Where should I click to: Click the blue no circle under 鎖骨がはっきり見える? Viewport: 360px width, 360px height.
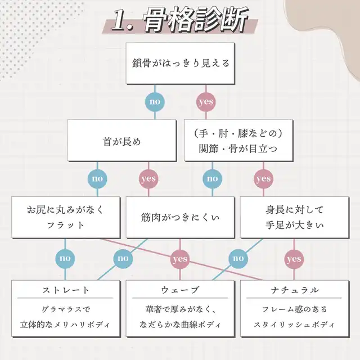click(x=155, y=102)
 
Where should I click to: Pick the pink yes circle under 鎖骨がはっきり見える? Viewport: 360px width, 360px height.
click(x=205, y=102)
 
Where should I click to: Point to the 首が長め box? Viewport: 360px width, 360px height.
click(x=122, y=142)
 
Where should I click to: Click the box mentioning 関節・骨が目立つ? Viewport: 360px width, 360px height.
click(x=238, y=142)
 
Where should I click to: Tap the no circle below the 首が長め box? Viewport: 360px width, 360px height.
click(x=98, y=179)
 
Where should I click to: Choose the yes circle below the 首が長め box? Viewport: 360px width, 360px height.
click(x=148, y=179)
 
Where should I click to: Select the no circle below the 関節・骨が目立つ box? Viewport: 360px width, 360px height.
click(x=212, y=179)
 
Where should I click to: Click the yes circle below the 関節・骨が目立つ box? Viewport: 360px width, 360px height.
click(x=263, y=179)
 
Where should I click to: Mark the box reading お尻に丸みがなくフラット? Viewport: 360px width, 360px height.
click(x=66, y=217)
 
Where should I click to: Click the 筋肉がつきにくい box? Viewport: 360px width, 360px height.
click(x=180, y=217)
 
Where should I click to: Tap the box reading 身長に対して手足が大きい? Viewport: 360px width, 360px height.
click(x=294, y=217)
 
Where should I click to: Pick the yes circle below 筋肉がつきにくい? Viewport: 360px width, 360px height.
click(x=179, y=259)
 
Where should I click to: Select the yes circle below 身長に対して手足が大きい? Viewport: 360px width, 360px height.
click(x=294, y=259)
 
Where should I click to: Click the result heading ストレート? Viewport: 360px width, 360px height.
click(x=66, y=290)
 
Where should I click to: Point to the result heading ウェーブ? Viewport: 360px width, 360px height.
click(x=179, y=290)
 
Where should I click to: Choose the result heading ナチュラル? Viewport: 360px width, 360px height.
click(x=294, y=290)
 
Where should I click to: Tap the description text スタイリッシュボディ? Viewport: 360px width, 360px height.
click(x=294, y=325)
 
